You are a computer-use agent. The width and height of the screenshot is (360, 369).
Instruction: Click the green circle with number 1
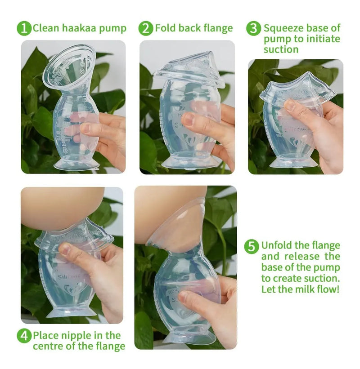click(x=24, y=28)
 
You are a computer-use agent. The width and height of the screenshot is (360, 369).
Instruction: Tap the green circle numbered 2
click(x=146, y=28)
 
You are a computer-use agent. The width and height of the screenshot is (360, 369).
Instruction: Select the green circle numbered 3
click(x=253, y=28)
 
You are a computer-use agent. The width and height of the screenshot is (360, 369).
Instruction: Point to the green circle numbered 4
click(x=24, y=336)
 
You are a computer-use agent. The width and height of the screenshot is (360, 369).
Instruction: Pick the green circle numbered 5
click(x=252, y=247)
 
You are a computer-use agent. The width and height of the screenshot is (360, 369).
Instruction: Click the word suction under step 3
click(x=281, y=49)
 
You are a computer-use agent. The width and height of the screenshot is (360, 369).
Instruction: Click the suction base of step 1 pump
click(x=76, y=164)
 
